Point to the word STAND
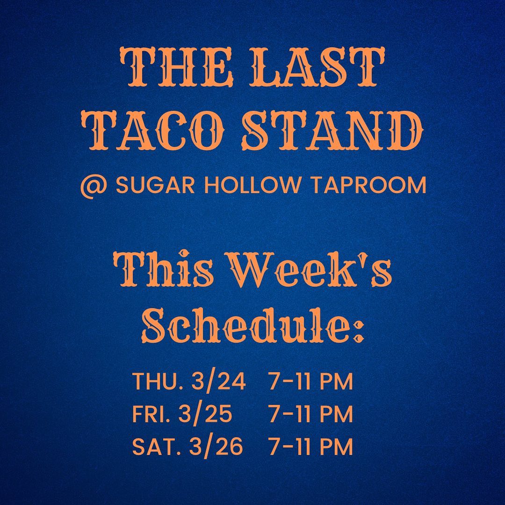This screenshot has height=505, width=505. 333,130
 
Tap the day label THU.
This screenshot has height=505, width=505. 159,382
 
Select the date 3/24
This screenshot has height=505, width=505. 218,382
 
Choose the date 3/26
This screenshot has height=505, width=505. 216,447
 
